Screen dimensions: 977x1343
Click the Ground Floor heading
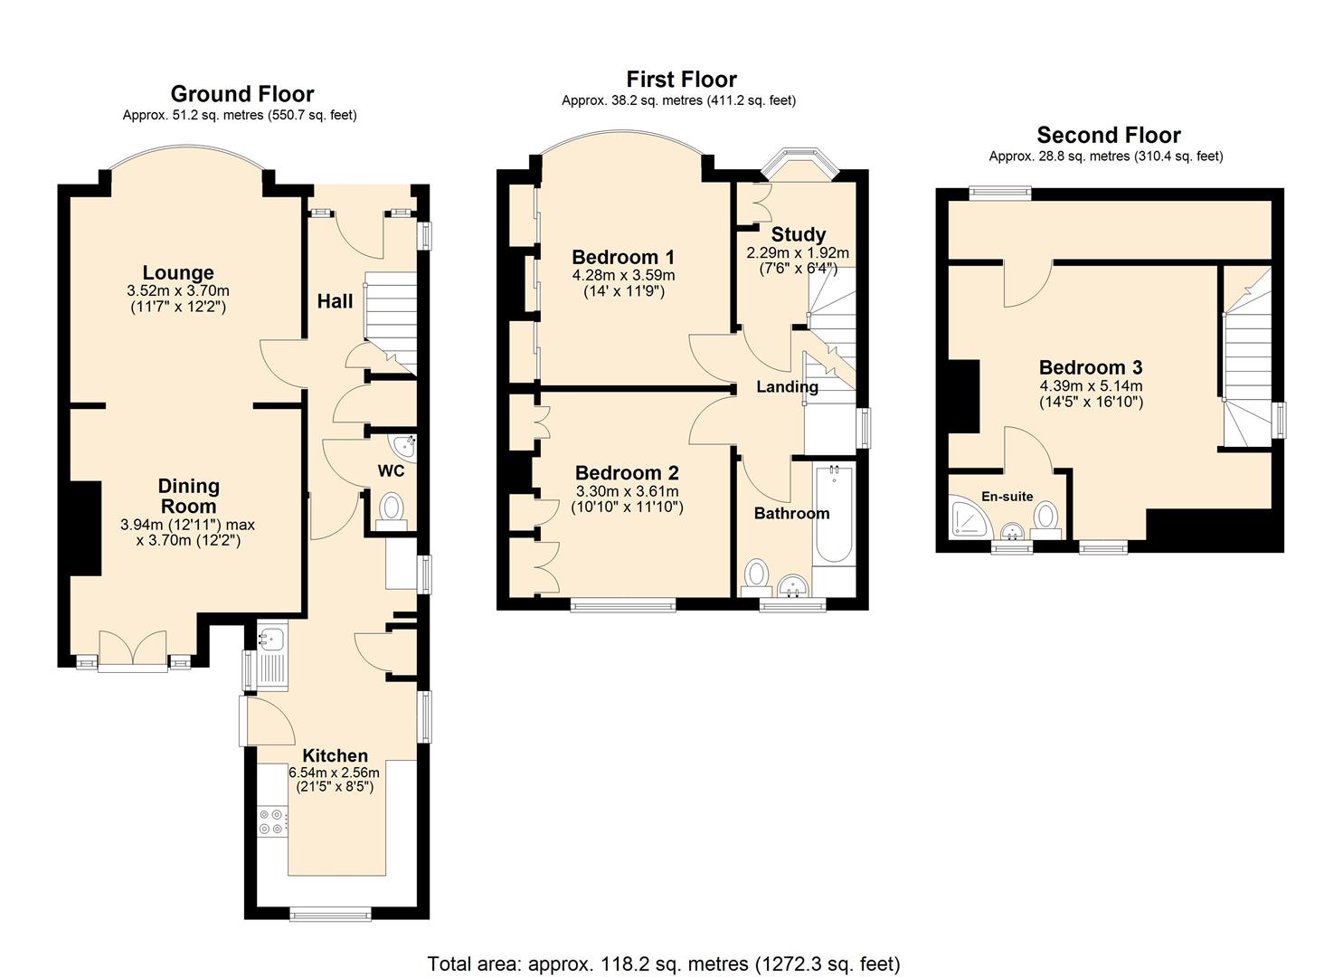pos(241,94)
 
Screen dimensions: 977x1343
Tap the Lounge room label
pos(178,272)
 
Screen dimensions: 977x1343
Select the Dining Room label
pos(188,497)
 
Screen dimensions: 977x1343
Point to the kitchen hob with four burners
pos(270,821)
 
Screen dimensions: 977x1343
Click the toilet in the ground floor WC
pos(392,507)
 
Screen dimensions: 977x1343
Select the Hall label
pos(335,301)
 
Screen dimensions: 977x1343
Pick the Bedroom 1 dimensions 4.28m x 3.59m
pos(623,275)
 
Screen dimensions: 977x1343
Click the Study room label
pos(798,234)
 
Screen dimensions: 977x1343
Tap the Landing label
pos(787,387)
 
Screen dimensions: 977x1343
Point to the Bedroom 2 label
pos(627,473)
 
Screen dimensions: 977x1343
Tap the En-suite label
pos(1007,496)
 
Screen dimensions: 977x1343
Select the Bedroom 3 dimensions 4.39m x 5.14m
pos(1090,386)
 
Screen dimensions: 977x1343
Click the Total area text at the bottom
pos(663,963)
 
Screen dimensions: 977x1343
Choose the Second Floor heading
pos(1108,136)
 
